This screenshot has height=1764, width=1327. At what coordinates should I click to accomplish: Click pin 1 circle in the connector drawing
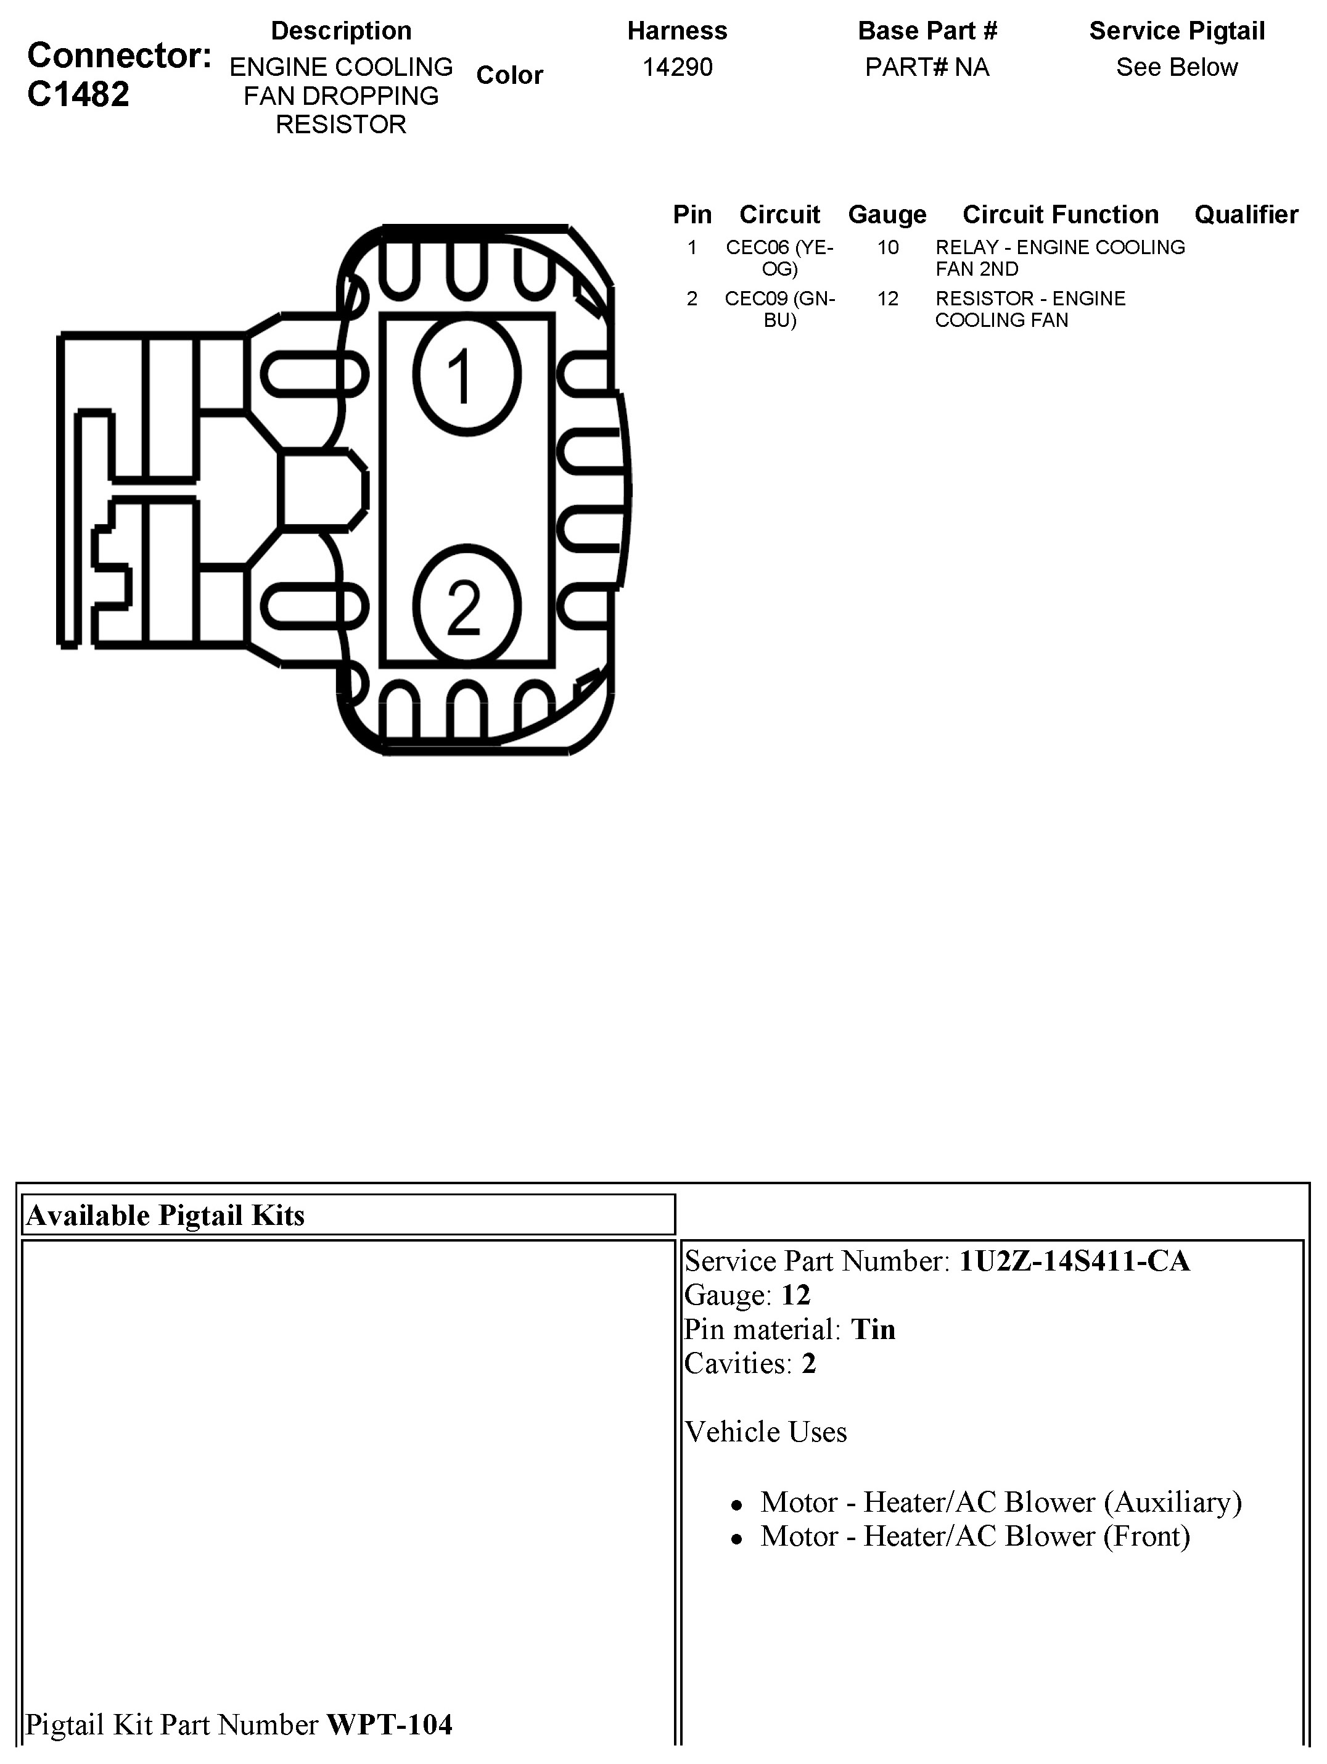click(x=467, y=375)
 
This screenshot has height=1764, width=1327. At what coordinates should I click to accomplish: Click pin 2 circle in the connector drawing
click(x=467, y=606)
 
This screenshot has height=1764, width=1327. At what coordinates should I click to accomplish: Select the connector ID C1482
click(x=78, y=95)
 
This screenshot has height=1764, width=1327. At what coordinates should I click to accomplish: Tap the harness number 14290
click(x=677, y=67)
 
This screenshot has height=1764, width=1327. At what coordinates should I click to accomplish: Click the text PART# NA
click(x=927, y=67)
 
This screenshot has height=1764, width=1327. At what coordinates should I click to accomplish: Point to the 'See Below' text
click(x=1177, y=67)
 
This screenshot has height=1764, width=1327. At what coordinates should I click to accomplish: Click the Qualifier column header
click(x=1246, y=215)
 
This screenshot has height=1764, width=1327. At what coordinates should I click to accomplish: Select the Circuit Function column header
click(x=1060, y=215)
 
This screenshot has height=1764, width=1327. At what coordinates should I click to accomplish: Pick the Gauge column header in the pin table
click(x=887, y=215)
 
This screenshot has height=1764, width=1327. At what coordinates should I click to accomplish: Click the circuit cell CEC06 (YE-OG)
click(x=779, y=258)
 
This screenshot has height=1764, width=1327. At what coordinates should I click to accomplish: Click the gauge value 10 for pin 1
click(x=887, y=247)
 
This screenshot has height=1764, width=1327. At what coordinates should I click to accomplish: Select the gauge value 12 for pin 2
click(x=887, y=299)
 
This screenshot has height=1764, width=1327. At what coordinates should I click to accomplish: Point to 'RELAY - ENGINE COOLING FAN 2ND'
click(x=1059, y=258)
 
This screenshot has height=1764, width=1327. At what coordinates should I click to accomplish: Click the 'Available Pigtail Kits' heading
click(x=165, y=1215)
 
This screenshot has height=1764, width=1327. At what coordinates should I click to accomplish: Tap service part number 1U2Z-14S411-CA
click(x=1074, y=1261)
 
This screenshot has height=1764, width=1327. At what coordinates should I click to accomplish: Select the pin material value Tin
click(x=873, y=1329)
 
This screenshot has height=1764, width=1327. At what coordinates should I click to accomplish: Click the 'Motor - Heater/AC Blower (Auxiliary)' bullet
click(x=1001, y=1502)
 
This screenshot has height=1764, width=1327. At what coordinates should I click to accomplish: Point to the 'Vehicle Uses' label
click(x=766, y=1432)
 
